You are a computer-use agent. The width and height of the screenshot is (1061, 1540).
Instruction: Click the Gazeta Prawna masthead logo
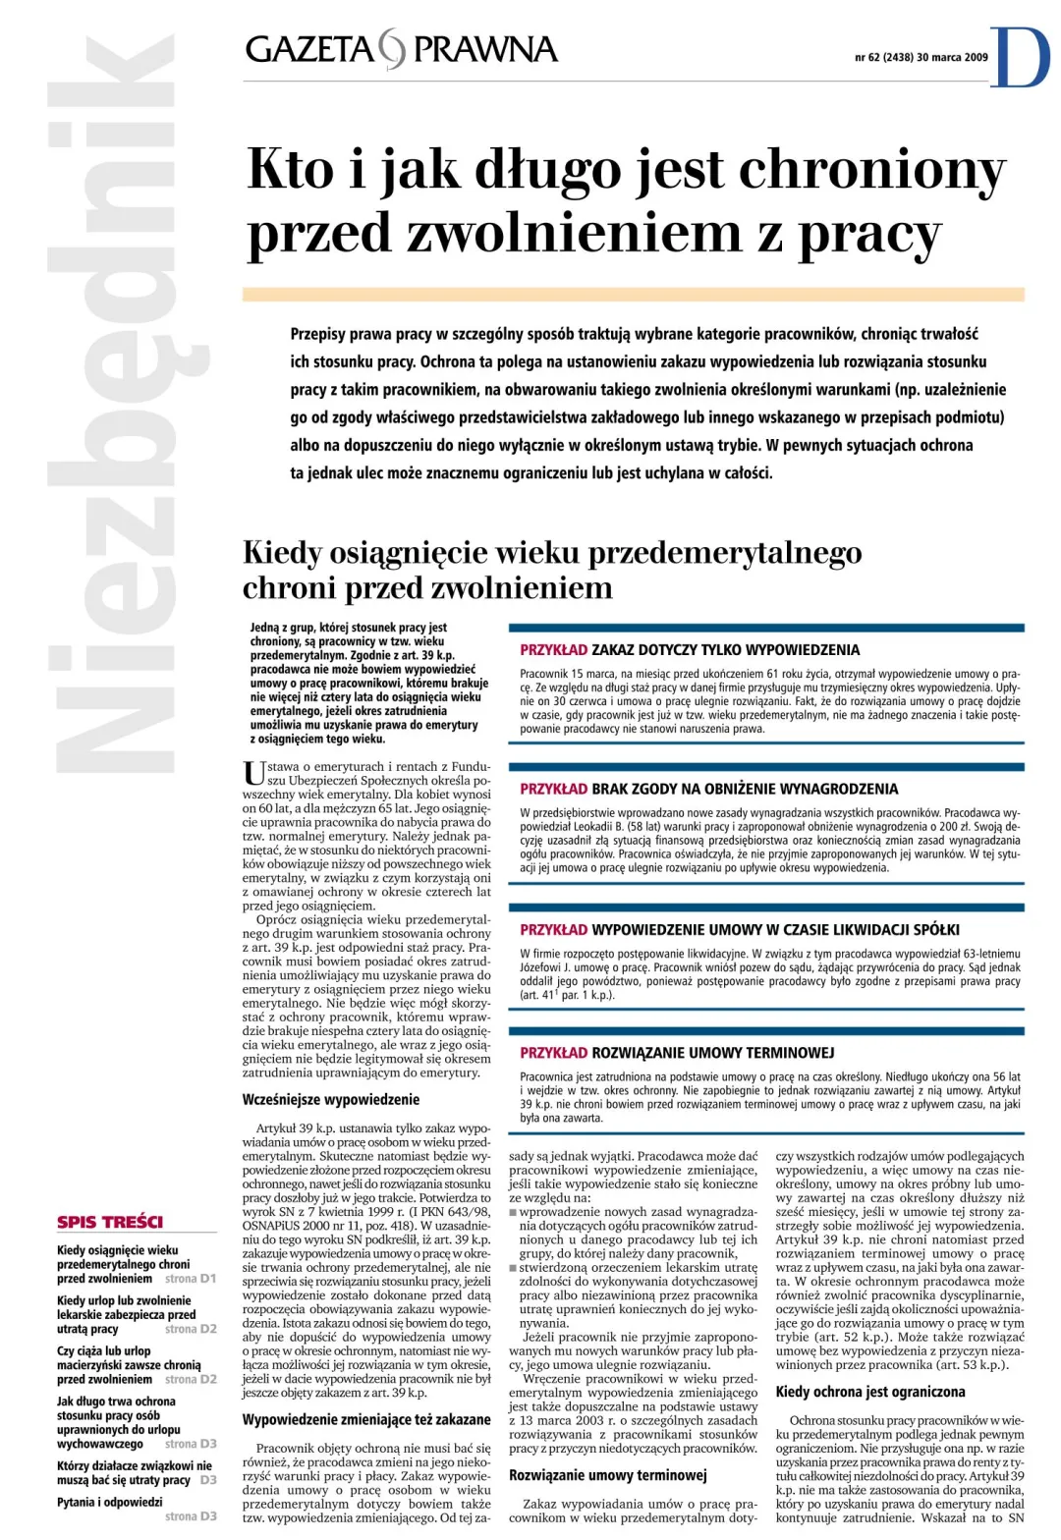[x=401, y=49]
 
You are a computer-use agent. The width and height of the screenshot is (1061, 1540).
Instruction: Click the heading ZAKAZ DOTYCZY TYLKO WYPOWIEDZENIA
[x=725, y=649]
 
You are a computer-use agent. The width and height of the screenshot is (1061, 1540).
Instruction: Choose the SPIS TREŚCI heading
[x=110, y=1222]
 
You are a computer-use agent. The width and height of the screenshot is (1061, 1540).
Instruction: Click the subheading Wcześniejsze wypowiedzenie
[x=331, y=1100]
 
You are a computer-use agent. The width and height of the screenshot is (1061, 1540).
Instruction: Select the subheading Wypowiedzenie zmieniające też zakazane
[x=366, y=1419]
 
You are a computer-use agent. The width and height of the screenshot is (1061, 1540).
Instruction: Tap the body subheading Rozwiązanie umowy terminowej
[x=607, y=1475]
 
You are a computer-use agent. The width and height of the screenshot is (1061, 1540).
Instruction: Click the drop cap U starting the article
[x=253, y=773]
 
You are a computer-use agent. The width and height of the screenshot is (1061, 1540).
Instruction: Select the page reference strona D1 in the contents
[x=190, y=1279]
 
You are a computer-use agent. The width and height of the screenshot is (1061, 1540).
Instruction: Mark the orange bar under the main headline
[x=633, y=294]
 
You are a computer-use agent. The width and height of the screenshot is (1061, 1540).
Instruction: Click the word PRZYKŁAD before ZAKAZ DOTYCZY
[x=553, y=649]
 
